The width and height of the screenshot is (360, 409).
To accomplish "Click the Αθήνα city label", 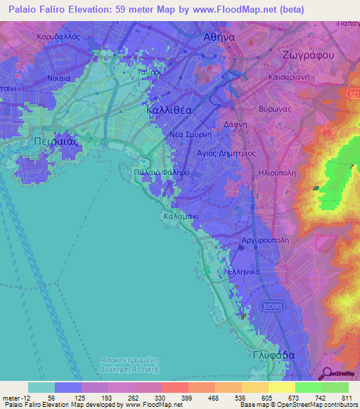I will tap(219, 37).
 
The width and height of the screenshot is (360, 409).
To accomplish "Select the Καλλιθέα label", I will tap(168, 110).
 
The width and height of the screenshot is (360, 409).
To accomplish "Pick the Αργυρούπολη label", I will tap(265, 240).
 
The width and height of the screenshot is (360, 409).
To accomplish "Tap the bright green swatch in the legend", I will tap(308, 387).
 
